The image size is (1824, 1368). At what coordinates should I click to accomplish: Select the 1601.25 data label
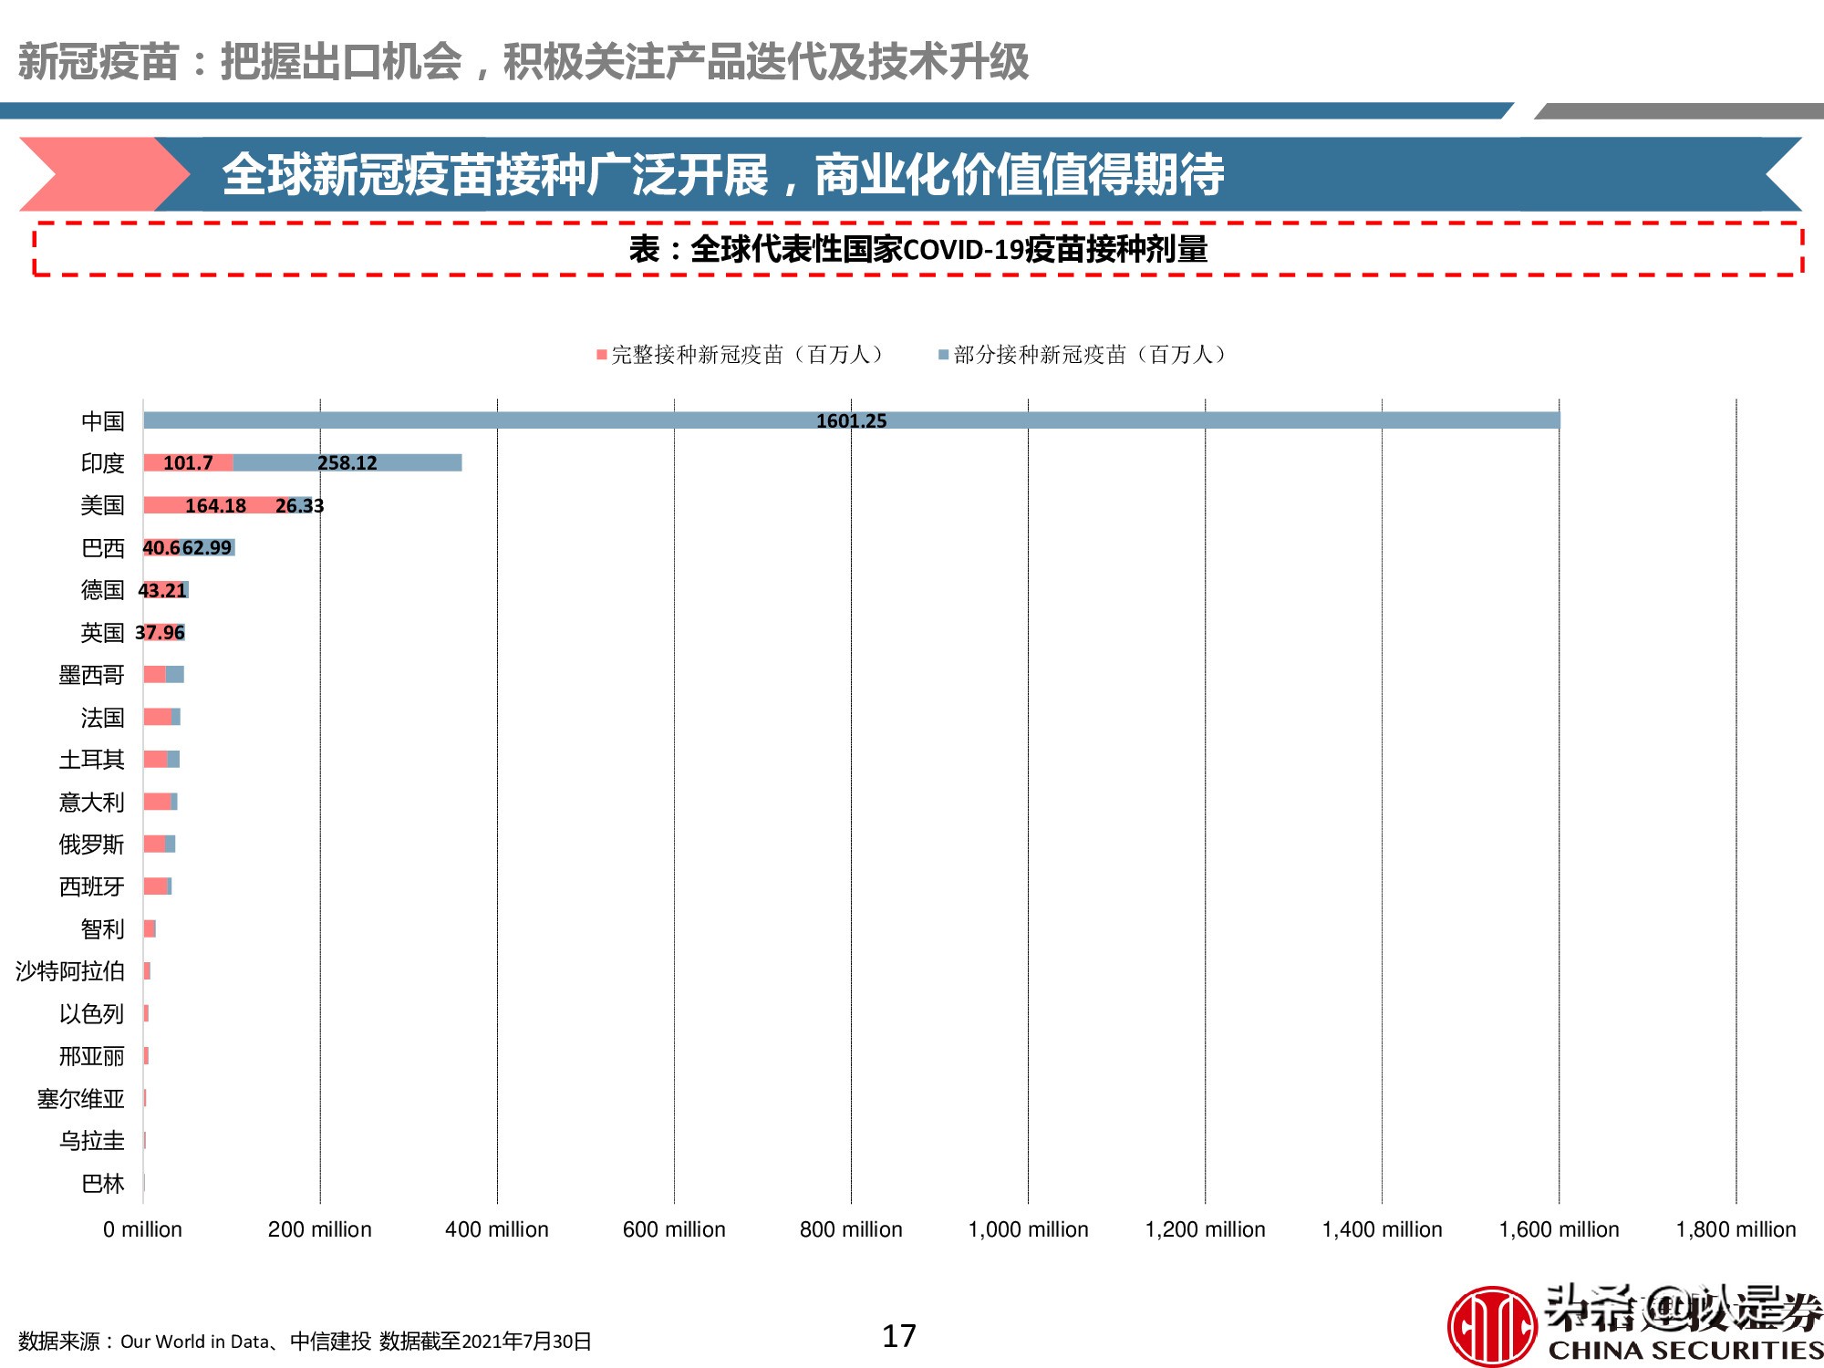click(851, 421)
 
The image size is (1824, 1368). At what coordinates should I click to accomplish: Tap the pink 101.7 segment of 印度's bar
click(188, 463)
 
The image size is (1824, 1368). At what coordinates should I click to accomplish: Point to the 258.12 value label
click(347, 463)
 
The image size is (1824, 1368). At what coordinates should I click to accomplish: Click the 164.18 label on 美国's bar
click(215, 506)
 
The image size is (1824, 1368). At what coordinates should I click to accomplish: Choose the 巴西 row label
click(102, 548)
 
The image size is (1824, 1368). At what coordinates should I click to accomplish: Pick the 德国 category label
click(102, 590)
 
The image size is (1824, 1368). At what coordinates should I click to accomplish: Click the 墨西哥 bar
click(163, 675)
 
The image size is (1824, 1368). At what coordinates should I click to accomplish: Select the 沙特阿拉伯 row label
click(70, 971)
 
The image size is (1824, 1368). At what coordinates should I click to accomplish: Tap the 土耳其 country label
click(91, 760)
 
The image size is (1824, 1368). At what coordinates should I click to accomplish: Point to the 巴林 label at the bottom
click(102, 1184)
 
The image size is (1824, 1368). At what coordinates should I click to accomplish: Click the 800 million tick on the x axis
click(851, 1229)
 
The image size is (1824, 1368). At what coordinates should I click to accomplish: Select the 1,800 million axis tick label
click(1736, 1229)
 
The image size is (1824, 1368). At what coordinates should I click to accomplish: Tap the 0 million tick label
click(142, 1229)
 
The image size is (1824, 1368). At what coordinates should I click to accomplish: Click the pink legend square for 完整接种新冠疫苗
click(602, 355)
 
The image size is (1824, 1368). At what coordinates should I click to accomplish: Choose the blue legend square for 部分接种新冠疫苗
click(944, 355)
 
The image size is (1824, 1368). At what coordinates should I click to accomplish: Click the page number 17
click(898, 1336)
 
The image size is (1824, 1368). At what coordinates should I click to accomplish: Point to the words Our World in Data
click(194, 1342)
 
